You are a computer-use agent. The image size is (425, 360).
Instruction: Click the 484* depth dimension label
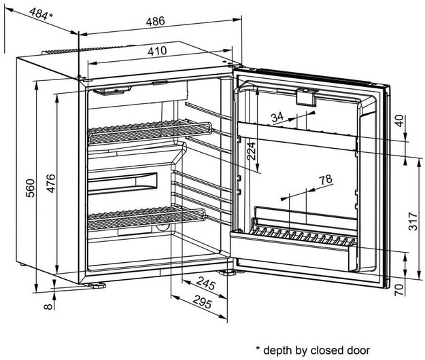tap(41, 14)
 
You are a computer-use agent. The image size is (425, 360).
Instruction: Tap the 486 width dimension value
tap(155, 21)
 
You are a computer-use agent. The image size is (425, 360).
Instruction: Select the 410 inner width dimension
tap(157, 51)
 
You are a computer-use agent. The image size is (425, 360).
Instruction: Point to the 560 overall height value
tap(30, 188)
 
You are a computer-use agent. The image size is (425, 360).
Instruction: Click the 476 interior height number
tap(51, 183)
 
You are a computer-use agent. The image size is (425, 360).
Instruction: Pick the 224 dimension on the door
tap(251, 151)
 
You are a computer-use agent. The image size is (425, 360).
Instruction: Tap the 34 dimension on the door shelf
tap(277, 118)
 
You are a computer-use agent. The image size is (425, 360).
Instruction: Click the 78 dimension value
tap(326, 179)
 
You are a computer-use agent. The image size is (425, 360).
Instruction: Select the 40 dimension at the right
tap(400, 121)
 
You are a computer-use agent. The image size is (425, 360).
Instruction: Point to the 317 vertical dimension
tap(413, 221)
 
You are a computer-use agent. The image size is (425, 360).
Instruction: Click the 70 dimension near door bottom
tap(400, 289)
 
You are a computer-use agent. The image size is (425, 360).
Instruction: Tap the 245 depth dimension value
tap(206, 283)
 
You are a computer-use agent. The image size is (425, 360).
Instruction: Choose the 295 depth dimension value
tap(202, 302)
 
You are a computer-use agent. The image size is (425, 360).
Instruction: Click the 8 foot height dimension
tap(48, 306)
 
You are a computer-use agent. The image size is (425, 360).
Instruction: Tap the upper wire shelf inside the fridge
tap(150, 130)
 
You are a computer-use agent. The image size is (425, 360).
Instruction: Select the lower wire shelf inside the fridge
tap(146, 217)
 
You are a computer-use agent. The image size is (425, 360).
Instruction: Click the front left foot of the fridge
tap(95, 285)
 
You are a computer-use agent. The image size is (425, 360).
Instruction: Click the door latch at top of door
tap(306, 96)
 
